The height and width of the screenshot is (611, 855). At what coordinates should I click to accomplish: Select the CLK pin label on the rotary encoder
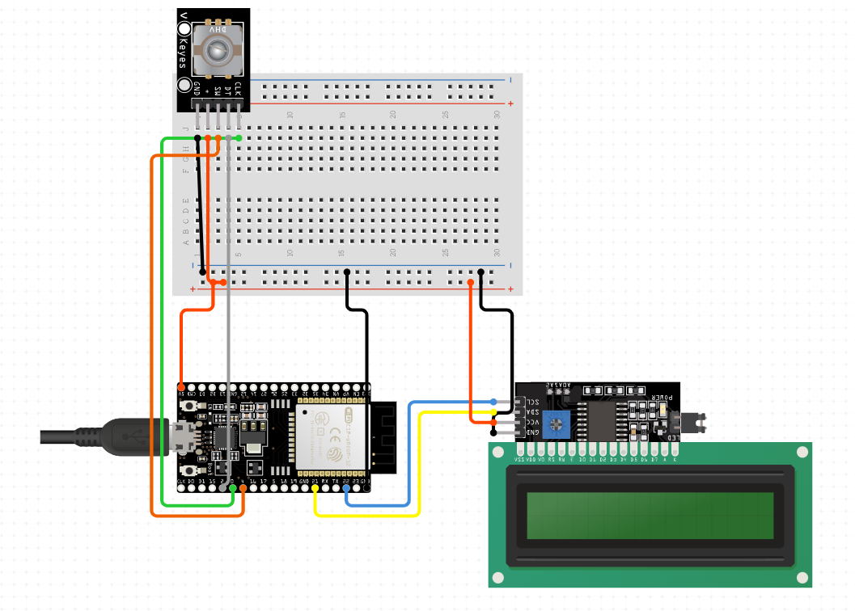pos(238,90)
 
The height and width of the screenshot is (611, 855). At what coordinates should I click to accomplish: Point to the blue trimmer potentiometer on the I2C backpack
pos(555,422)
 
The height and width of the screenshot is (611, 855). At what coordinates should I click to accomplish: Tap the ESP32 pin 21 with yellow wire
pos(315,487)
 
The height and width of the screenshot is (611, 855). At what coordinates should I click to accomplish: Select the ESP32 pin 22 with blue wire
pos(346,487)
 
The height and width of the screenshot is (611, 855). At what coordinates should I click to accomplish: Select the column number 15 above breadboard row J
pos(342,116)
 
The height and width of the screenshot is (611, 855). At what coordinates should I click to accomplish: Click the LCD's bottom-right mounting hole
pos(802,577)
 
